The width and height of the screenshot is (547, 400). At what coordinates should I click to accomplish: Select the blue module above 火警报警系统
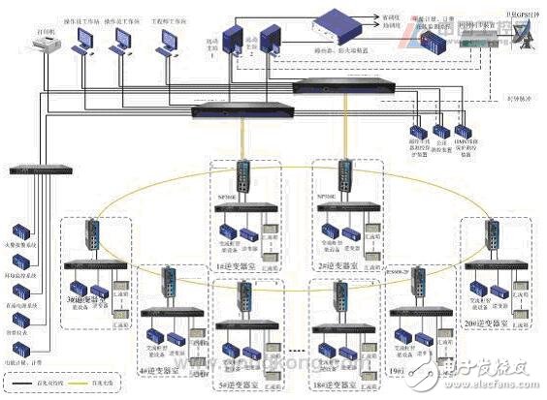[21, 233]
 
